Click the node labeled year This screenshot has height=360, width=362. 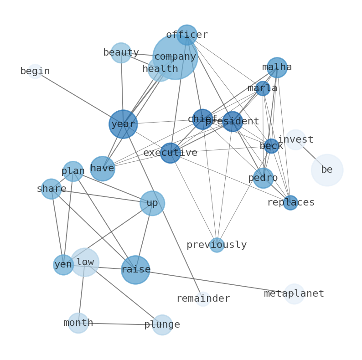click(x=123, y=124)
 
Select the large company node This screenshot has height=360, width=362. click(x=176, y=57)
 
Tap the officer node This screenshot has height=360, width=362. click(x=187, y=35)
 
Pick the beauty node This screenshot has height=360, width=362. click(x=121, y=53)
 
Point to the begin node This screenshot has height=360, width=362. click(x=35, y=72)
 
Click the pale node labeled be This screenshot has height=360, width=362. click(x=327, y=170)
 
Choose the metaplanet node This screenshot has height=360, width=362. click(x=294, y=294)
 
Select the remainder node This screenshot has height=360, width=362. click(x=203, y=299)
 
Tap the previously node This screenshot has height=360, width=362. click(x=217, y=245)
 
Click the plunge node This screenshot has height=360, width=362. click(x=162, y=325)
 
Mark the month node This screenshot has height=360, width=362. click(x=78, y=323)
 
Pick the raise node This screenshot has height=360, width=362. click(x=135, y=270)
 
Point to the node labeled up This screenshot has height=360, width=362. click(x=152, y=203)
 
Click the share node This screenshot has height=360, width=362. click(x=52, y=189)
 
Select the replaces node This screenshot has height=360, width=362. click(x=290, y=203)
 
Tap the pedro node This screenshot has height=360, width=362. click(x=263, y=178)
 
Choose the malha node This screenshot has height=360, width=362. click(x=277, y=67)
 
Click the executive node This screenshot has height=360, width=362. click(x=171, y=153)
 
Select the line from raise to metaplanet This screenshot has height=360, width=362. click(x=214, y=282)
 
